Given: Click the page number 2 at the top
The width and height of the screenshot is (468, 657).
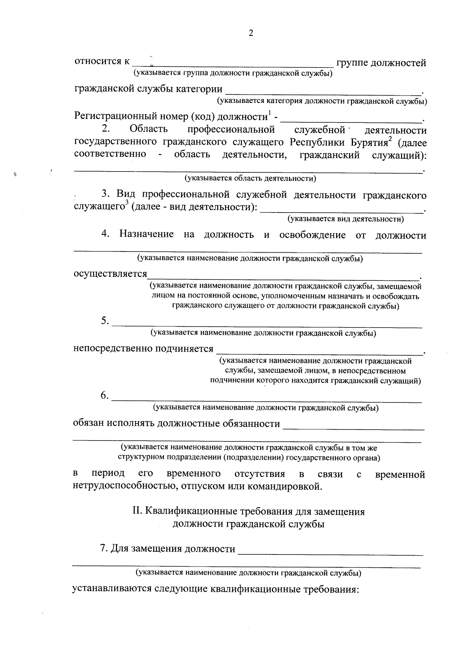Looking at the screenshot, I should (x=251, y=34).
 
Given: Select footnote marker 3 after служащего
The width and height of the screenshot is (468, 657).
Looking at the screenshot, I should (x=126, y=203).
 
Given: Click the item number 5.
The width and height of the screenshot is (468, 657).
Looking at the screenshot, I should (x=105, y=321).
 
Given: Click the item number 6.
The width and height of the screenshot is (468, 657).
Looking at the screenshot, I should (x=105, y=395).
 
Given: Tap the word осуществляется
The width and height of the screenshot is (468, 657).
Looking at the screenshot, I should (x=110, y=274).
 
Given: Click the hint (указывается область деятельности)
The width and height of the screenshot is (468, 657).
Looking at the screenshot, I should (x=250, y=179).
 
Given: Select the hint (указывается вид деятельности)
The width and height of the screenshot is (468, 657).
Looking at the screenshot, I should (x=346, y=219).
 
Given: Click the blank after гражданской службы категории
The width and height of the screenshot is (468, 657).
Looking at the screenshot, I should (x=324, y=92).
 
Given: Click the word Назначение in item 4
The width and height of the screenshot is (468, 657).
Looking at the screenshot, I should (x=147, y=235).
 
